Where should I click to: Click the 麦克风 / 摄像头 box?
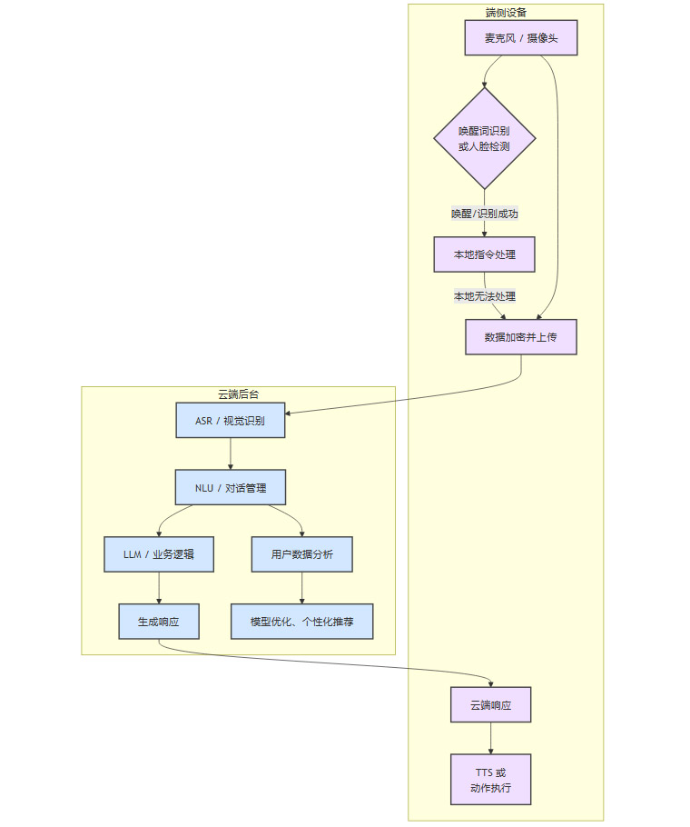pyautogui.click(x=520, y=38)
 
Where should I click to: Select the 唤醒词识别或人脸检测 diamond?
pyautogui.click(x=484, y=138)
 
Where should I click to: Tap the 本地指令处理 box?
pyautogui.click(x=484, y=254)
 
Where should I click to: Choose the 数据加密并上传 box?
pyautogui.click(x=520, y=336)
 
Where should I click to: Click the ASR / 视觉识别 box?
pyautogui.click(x=231, y=421)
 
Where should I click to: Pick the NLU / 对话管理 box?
pyautogui.click(x=231, y=487)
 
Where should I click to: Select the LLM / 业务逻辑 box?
pyautogui.click(x=159, y=554)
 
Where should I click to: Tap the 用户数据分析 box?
pyautogui.click(x=301, y=554)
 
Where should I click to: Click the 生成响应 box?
pyautogui.click(x=159, y=622)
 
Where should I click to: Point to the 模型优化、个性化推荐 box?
pyautogui.click(x=301, y=622)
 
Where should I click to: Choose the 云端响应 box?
pyautogui.click(x=490, y=704)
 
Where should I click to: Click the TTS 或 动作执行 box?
pyautogui.click(x=490, y=779)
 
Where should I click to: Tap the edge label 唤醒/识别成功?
pyautogui.click(x=484, y=214)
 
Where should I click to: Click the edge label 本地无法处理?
pyautogui.click(x=485, y=296)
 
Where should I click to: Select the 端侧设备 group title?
pyautogui.click(x=506, y=13)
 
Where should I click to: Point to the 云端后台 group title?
pyautogui.click(x=238, y=394)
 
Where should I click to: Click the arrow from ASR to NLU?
pyautogui.click(x=231, y=453)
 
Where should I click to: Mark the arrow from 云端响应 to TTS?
pyautogui.click(x=490, y=738)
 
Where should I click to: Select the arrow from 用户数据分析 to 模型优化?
pyautogui.click(x=301, y=588)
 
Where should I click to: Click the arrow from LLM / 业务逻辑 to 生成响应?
pyautogui.click(x=159, y=588)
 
